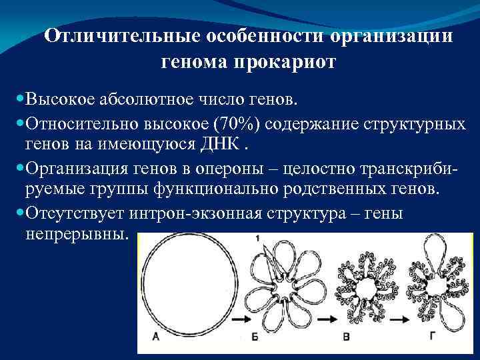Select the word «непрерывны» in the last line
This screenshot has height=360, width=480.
click(73, 234)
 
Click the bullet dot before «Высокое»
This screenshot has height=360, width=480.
click(18, 100)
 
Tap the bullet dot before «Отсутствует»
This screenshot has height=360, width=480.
click(18, 213)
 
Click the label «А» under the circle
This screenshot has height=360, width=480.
click(155, 337)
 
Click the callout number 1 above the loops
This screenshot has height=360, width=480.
click(257, 238)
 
